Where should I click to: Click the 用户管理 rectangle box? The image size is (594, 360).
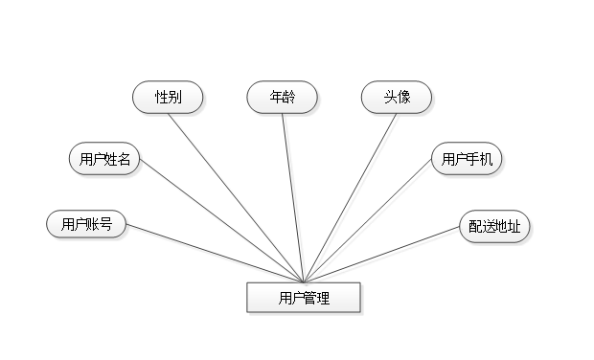(304, 298)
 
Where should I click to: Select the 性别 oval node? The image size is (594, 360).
(169, 98)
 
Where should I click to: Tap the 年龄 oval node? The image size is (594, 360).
(283, 98)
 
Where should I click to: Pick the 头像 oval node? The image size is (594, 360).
(397, 98)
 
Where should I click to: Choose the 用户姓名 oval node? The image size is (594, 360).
(105, 159)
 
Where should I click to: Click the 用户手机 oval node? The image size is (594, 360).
(467, 159)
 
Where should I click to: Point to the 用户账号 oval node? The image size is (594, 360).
(86, 224)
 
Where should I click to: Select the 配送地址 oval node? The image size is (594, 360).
(494, 227)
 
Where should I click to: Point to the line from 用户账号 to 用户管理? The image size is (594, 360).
(216, 254)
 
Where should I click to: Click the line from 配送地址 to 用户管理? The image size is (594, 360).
(383, 256)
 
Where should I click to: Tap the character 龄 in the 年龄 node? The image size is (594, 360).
(289, 98)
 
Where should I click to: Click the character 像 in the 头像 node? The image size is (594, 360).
(403, 98)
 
